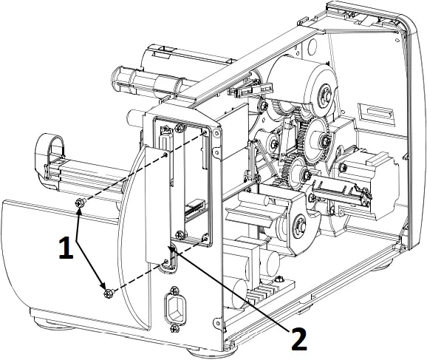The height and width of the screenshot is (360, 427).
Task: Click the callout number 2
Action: tap(298, 338)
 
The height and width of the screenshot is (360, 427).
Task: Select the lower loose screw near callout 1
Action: tap(108, 294)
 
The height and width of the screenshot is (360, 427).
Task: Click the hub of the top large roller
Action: tap(322, 94)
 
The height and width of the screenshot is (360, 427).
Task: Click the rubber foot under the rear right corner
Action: tap(386, 258)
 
